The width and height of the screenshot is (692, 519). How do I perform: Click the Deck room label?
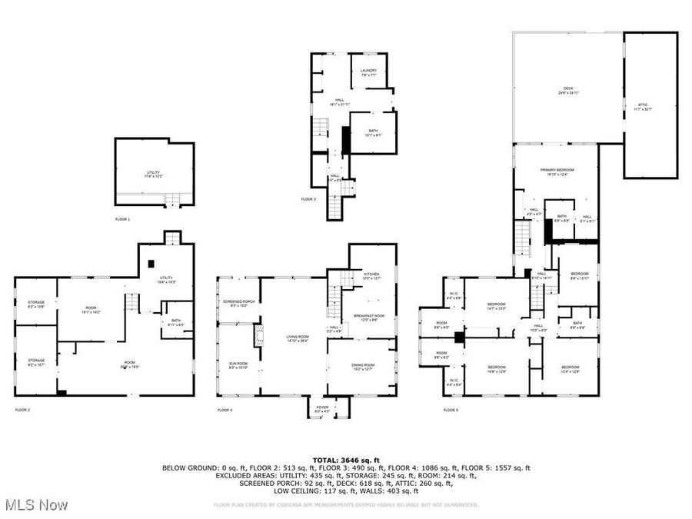pos(567,91)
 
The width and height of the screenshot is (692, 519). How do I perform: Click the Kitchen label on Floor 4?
pos(372,276)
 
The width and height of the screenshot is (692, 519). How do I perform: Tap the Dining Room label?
pos(364,367)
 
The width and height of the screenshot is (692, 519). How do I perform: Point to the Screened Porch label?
pos(238,303)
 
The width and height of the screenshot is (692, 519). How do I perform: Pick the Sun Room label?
pos(238,365)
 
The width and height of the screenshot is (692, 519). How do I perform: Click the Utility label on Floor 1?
pos(153,174)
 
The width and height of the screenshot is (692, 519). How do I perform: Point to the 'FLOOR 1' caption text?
pos(122,220)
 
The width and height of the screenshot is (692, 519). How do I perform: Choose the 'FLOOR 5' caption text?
pos(451,410)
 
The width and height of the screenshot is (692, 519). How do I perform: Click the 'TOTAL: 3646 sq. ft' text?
pos(345,460)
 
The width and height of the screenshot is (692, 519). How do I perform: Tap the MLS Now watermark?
pos(36,505)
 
